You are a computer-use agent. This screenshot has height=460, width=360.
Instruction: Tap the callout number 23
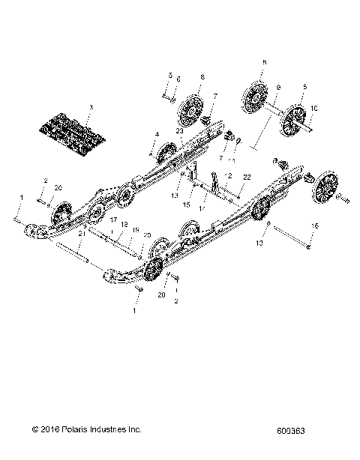(179, 131)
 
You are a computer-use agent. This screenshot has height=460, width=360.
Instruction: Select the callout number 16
(314, 226)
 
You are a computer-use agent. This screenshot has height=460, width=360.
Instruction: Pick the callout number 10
(313, 109)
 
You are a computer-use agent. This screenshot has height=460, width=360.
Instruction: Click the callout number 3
(90, 109)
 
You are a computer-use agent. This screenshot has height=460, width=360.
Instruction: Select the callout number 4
(157, 134)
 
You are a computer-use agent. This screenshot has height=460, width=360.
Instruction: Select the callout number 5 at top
(170, 76)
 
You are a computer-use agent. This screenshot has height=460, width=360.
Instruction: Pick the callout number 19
(136, 231)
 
